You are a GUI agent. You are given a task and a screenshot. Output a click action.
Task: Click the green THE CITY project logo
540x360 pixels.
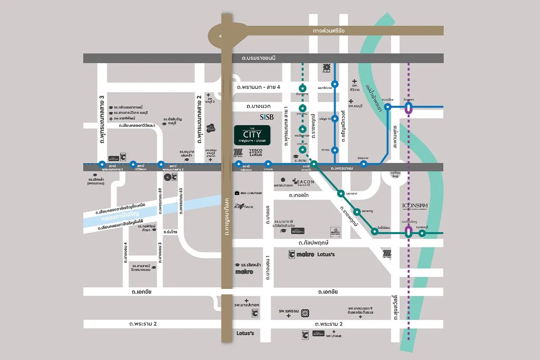252,135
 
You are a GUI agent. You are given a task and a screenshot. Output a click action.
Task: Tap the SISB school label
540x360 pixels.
267,117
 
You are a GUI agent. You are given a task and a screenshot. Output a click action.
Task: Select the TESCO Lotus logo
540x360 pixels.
256,153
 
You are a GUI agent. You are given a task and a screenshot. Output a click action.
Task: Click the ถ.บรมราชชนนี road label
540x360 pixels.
258,58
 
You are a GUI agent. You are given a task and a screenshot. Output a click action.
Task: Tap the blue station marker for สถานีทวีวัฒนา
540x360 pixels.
133,165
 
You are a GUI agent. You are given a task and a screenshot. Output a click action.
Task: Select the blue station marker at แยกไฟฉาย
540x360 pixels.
335,84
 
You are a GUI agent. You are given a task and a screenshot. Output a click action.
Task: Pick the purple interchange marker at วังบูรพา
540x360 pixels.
409,108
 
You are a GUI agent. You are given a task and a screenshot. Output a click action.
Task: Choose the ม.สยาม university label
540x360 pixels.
300,161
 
